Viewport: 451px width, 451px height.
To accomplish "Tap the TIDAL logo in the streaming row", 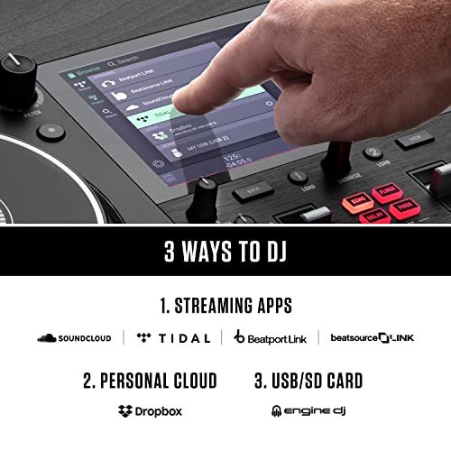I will [171, 338].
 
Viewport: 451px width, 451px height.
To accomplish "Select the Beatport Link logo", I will [270, 338].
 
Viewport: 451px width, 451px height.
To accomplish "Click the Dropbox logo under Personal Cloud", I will [151, 410].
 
